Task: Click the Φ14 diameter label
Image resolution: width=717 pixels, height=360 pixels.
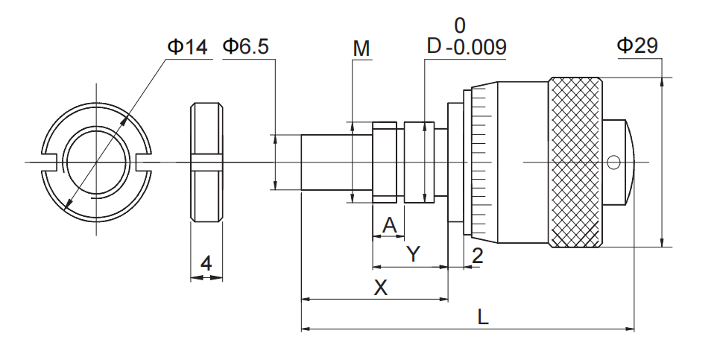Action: click(187, 47)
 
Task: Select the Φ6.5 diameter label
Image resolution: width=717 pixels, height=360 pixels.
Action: click(245, 47)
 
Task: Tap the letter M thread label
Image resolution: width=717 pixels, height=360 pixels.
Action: click(361, 49)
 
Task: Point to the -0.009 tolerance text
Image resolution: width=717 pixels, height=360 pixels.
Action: click(476, 48)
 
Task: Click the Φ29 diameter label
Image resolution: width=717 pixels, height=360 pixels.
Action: click(637, 45)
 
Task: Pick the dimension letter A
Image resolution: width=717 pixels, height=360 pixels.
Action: click(388, 224)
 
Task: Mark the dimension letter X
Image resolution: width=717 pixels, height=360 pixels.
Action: click(381, 288)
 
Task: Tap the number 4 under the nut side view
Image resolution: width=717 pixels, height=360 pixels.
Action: click(206, 265)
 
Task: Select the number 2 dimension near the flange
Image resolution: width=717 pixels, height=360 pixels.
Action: click(478, 256)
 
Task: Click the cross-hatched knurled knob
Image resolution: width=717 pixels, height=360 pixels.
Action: click(575, 162)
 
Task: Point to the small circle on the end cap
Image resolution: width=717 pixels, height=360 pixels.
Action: click(613, 162)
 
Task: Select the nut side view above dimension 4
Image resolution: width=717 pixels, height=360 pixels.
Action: click(206, 162)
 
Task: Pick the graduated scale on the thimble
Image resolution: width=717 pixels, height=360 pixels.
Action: click(480, 162)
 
